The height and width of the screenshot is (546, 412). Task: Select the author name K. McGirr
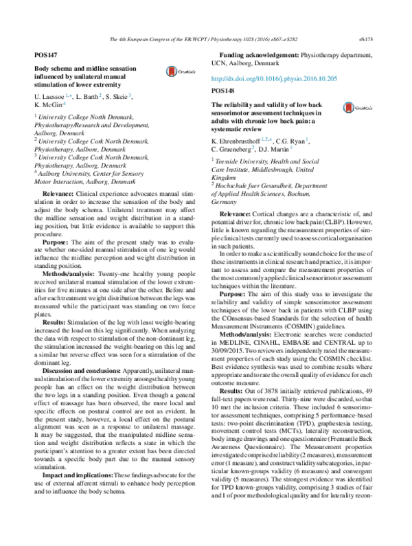click(49, 106)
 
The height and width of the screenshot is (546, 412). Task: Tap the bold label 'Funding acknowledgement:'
click(259, 54)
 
